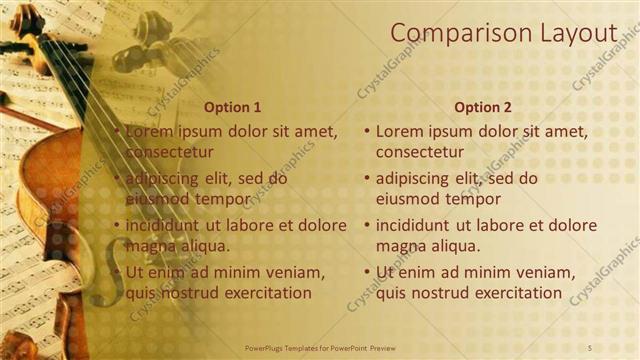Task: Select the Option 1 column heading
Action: coord(232,106)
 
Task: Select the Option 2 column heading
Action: coord(482,106)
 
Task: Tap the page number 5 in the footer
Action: coord(589,346)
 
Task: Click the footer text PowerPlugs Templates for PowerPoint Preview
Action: coord(320,346)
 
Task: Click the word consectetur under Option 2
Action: coord(419,152)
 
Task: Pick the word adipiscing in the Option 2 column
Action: coord(413,179)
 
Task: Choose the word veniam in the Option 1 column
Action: coord(296,272)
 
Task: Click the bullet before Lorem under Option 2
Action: coord(367,131)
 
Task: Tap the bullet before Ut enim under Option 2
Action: coord(367,272)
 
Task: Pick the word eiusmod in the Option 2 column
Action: coord(408,198)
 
